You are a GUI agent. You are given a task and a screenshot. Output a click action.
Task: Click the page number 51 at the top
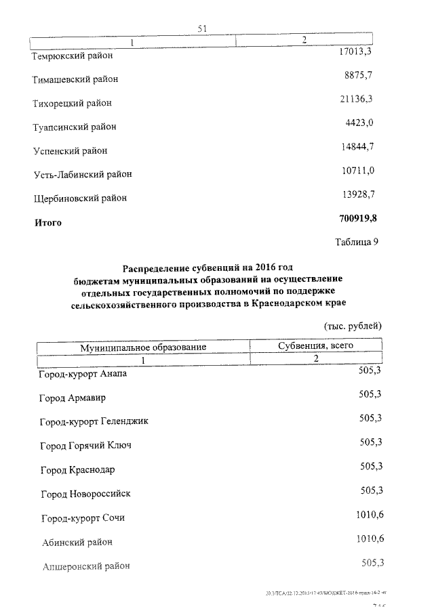[x=201, y=28]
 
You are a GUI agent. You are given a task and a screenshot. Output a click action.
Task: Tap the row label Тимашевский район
[x=75, y=80]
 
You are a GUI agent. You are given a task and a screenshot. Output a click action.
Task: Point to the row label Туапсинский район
[x=75, y=127]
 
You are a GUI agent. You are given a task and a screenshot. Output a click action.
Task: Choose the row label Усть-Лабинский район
[x=82, y=174]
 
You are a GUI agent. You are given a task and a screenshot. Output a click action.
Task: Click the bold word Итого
[x=48, y=222]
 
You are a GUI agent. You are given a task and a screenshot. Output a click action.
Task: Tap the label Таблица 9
[x=356, y=242]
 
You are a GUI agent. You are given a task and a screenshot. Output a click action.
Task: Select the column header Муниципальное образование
[x=143, y=347]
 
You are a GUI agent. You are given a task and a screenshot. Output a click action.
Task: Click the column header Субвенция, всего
[x=315, y=345]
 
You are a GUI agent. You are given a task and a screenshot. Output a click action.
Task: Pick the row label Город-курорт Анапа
[x=83, y=374]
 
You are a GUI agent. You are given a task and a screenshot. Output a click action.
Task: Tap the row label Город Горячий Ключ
[x=85, y=446]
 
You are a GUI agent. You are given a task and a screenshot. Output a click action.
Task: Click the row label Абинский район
[x=75, y=541]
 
